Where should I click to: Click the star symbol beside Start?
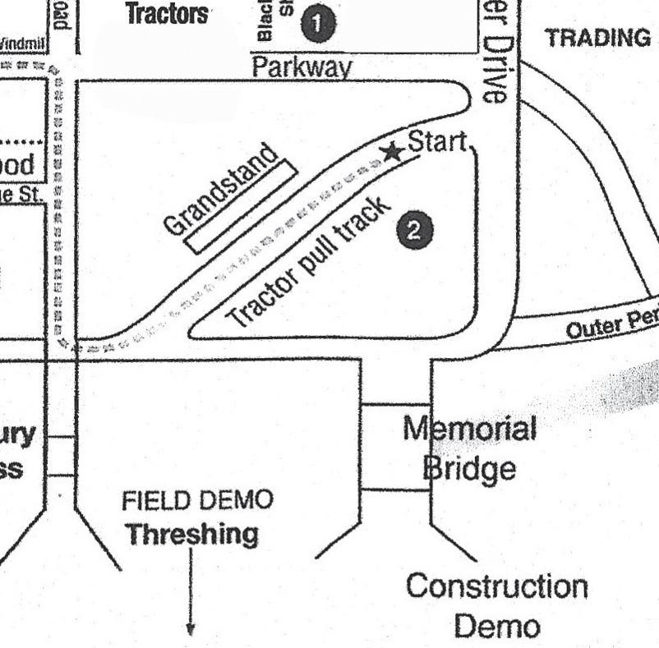[394, 152]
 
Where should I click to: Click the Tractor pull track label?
[306, 264]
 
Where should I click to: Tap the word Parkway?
[302, 67]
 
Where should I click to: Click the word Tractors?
[167, 14]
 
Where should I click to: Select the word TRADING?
[598, 38]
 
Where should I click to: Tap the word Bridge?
[469, 468]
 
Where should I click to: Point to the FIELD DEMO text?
[197, 500]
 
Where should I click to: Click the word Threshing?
[191, 534]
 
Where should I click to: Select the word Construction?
[497, 587]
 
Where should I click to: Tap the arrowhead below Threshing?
[191, 630]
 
